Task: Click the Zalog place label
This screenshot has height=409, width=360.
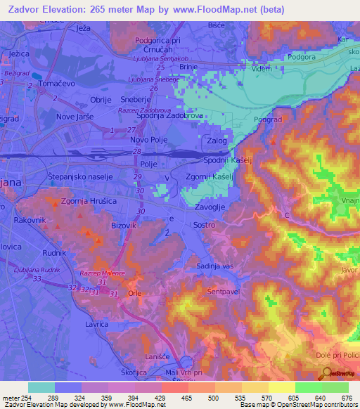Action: [217, 141]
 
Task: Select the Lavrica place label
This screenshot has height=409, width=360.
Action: [96, 325]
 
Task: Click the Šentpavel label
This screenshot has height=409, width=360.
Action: [225, 290]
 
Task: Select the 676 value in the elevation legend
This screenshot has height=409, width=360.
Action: [345, 398]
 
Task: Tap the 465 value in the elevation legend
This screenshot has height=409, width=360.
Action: [186, 398]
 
